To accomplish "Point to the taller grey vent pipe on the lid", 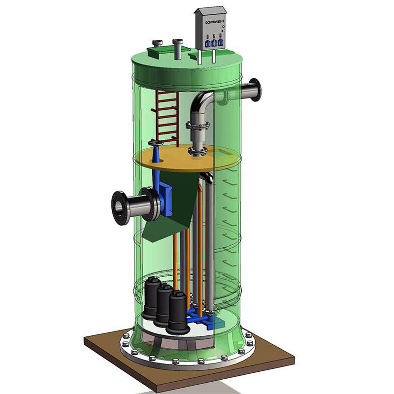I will tap(178, 49).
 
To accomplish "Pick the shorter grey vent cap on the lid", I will tap(157, 45).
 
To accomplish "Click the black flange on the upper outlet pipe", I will tap(256, 90).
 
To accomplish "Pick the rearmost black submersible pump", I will tap(151, 298).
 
